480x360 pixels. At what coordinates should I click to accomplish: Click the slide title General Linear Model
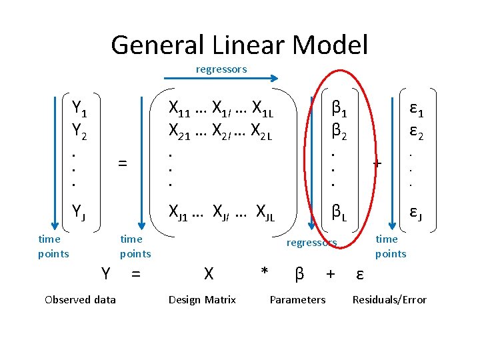[239, 45]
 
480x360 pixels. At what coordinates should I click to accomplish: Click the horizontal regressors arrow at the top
[221, 77]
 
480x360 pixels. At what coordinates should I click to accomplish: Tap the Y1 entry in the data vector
[79, 107]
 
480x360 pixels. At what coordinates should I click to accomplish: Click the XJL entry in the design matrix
[265, 213]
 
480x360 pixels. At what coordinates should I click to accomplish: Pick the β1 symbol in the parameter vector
[339, 107]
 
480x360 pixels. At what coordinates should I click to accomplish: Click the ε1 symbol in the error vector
[417, 107]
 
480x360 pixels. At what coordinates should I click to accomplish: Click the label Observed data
[80, 299]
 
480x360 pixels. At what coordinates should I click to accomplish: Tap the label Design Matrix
[202, 299]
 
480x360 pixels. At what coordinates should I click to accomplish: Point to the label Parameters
[297, 299]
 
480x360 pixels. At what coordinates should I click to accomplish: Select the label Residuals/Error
[389, 299]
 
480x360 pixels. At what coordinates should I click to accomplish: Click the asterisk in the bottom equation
[265, 273]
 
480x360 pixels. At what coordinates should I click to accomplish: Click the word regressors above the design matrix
[221, 69]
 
